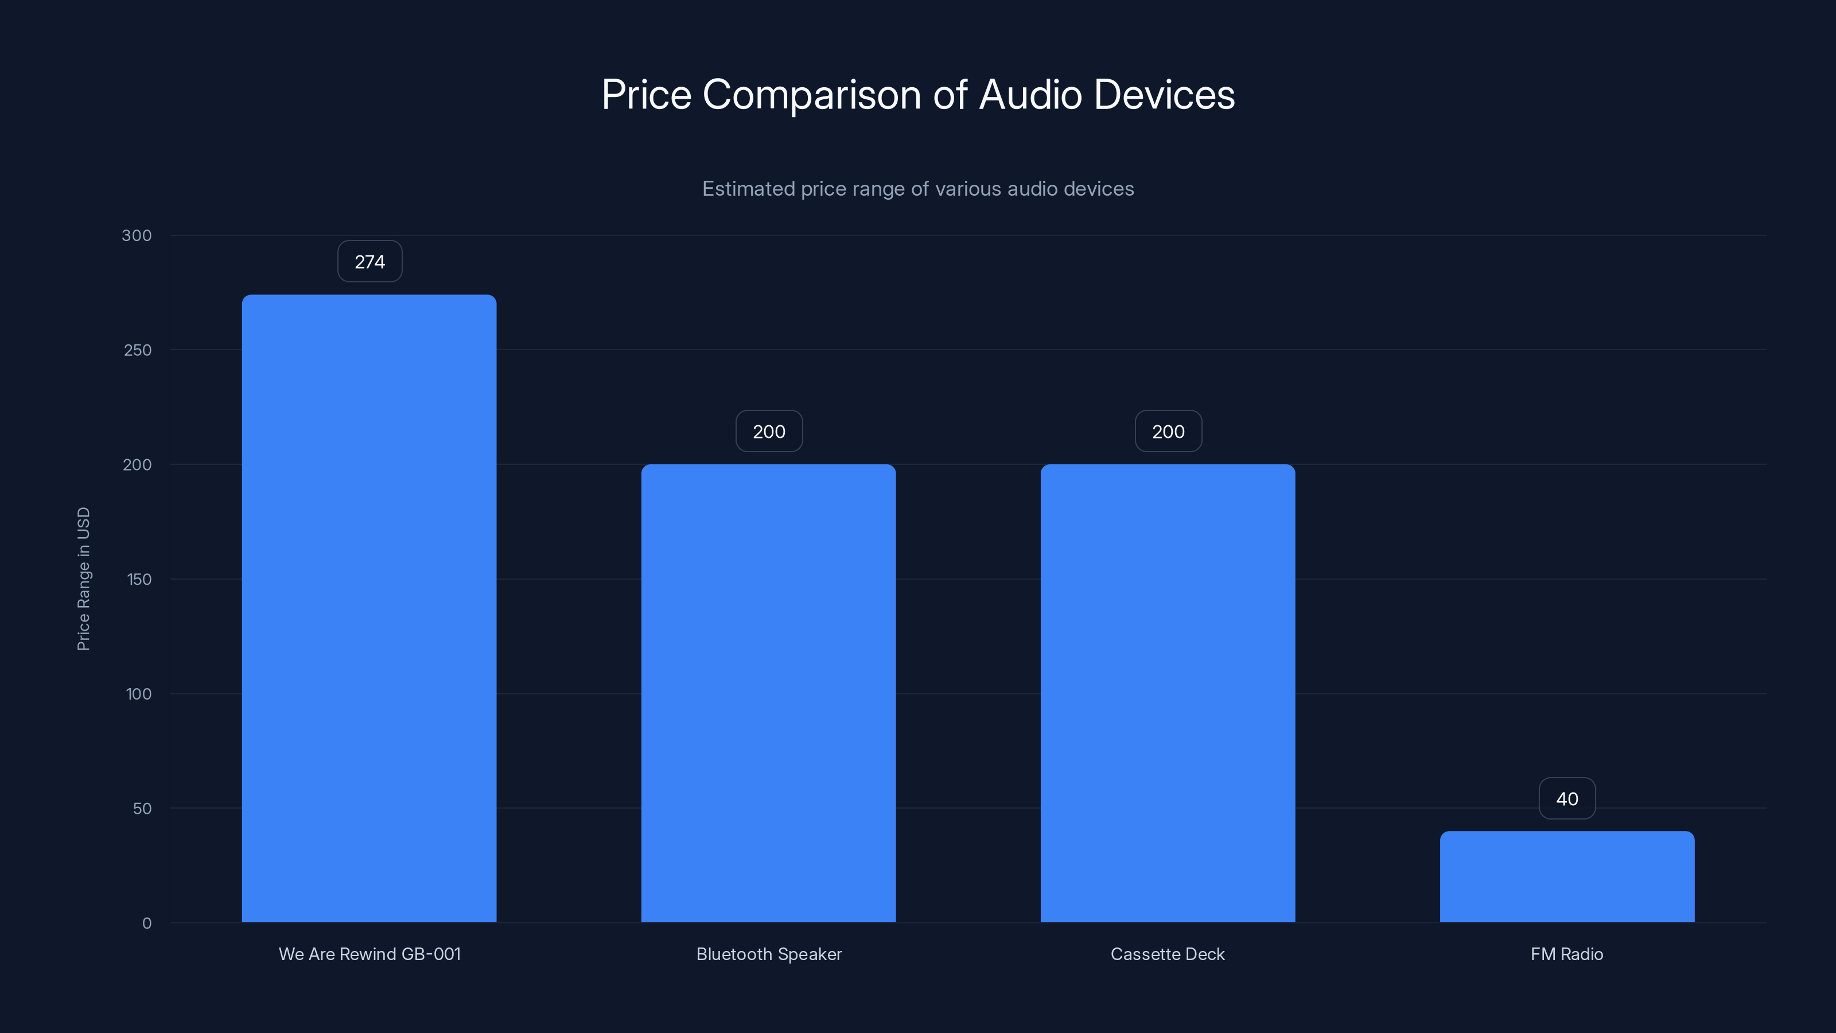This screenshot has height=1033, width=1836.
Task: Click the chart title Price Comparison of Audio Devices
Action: click(x=918, y=95)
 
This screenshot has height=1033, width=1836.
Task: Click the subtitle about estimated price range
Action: click(x=918, y=189)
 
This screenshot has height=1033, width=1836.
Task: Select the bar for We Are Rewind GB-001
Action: click(x=369, y=608)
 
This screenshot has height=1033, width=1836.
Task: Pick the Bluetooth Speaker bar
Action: click(x=768, y=693)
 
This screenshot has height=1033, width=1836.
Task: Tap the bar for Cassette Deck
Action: click(x=1168, y=693)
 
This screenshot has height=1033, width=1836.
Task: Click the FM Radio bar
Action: click(x=1566, y=876)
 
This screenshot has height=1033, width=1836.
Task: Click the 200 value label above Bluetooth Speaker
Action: click(x=769, y=432)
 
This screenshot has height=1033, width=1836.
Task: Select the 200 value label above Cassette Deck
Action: click(x=1168, y=432)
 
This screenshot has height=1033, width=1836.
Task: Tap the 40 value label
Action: click(x=1566, y=798)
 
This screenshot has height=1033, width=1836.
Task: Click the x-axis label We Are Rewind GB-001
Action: click(x=369, y=954)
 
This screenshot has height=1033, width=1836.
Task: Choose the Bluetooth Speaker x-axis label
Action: click(x=769, y=954)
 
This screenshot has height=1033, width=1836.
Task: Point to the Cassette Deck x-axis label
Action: click(x=1168, y=954)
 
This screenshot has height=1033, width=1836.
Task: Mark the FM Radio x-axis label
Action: click(x=1566, y=954)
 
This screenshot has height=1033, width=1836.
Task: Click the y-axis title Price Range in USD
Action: click(x=83, y=579)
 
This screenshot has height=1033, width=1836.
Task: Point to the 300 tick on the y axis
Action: click(x=137, y=235)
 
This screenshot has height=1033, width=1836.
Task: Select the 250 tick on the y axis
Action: click(x=138, y=350)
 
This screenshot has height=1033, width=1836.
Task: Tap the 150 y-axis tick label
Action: click(x=139, y=580)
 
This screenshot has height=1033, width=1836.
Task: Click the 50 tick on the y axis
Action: click(x=142, y=809)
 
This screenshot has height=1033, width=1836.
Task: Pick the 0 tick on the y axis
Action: click(x=147, y=923)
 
